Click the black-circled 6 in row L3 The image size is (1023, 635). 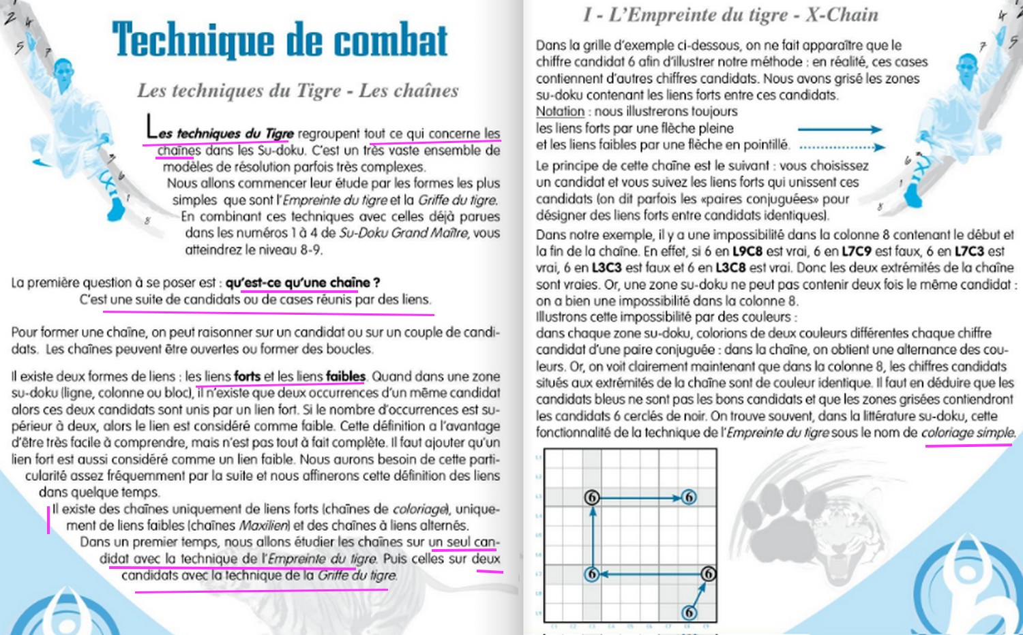[x=591, y=497]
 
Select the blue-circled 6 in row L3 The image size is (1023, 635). [x=689, y=497]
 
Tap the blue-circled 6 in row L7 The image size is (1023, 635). [x=591, y=574]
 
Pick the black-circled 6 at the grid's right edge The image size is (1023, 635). [x=708, y=574]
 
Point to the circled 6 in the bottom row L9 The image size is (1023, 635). [x=689, y=613]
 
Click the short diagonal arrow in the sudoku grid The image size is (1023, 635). [x=699, y=593]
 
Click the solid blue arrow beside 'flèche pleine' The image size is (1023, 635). [x=840, y=129]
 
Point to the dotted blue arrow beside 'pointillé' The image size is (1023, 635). [x=842, y=146]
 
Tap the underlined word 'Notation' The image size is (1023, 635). [x=560, y=111]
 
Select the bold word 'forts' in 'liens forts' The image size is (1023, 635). [x=247, y=376]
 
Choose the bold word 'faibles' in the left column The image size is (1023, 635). [x=345, y=376]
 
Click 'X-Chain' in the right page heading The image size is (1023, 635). [x=842, y=15]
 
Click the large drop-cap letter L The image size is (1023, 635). [x=152, y=127]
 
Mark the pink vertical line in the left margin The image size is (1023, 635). [x=48, y=520]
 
